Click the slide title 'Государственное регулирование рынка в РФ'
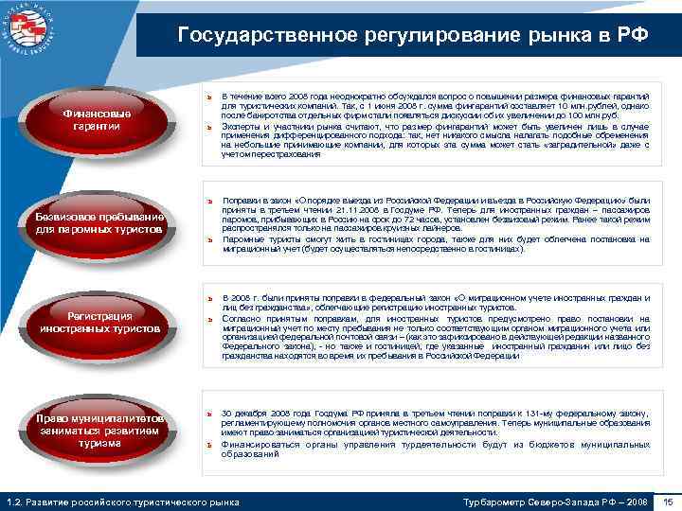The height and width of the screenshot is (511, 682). coord(412,36)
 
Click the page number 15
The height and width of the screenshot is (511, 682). coord(668,501)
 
